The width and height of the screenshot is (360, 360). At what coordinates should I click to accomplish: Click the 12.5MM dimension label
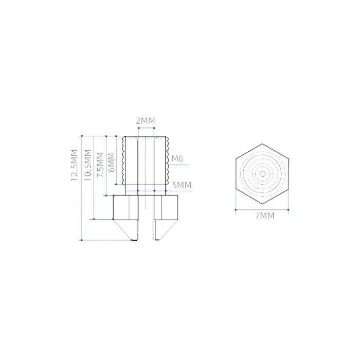point(75,165)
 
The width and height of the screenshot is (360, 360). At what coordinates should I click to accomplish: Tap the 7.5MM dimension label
point(100,162)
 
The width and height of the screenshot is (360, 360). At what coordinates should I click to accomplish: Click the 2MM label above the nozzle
point(145,121)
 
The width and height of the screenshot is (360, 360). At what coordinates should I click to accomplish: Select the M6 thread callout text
point(177,158)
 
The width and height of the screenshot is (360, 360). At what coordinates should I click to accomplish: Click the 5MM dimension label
point(182,185)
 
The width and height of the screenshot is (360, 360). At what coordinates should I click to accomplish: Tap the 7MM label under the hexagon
point(265,216)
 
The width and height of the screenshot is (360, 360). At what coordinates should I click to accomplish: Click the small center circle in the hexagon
point(262,174)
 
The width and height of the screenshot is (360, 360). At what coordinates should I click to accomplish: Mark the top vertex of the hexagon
point(262,143)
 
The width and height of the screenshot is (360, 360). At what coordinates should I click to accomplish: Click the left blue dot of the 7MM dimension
point(236,209)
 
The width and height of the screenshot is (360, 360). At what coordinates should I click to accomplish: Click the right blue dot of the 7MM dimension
point(289,209)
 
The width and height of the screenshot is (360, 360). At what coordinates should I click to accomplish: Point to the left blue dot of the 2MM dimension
point(137,136)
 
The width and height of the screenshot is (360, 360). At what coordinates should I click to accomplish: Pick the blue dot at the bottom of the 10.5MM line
point(94,219)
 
